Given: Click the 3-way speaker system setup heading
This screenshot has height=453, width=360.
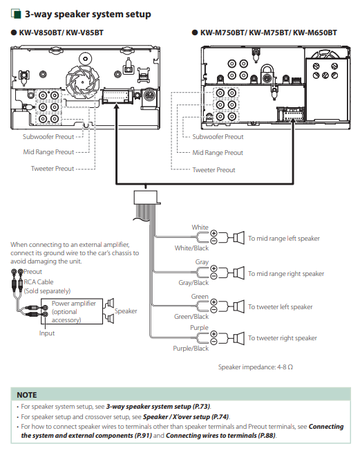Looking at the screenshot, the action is pos(88,14).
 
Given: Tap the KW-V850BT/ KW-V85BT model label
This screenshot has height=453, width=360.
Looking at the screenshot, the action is pos(61,33).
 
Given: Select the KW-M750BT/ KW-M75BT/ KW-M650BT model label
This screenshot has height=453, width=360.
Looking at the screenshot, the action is pos(269,33).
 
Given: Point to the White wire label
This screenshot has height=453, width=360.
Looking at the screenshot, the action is pos(200,228).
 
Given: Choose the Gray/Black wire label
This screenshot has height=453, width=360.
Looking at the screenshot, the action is pos(193,283).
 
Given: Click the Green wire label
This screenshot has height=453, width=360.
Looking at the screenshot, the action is pos(200,297).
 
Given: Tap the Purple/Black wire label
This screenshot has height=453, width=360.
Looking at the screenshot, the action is pos(191,349).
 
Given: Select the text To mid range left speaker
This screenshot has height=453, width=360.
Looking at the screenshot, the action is pos(284,239).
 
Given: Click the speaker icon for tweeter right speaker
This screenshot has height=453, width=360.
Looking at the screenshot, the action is pos(239,338).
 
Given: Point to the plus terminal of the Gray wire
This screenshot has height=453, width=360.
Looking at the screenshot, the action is pos(214,268).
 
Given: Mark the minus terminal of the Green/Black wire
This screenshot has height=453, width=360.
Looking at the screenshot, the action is pos(214,310).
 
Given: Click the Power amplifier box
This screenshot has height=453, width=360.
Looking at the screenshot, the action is pos(72,311).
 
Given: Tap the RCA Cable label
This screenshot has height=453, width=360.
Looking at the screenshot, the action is pos(39,282).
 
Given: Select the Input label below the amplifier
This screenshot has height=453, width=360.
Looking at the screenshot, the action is pos(47,333).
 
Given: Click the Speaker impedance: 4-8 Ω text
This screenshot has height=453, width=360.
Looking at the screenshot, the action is pos(256,367).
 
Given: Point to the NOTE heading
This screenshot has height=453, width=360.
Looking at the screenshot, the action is pos(27,395).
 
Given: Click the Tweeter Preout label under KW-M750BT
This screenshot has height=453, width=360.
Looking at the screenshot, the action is pos(214,170).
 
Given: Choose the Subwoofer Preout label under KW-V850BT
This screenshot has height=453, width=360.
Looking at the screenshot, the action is pos(48,137).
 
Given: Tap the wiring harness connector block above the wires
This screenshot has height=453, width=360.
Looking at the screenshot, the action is pos(146,198).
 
